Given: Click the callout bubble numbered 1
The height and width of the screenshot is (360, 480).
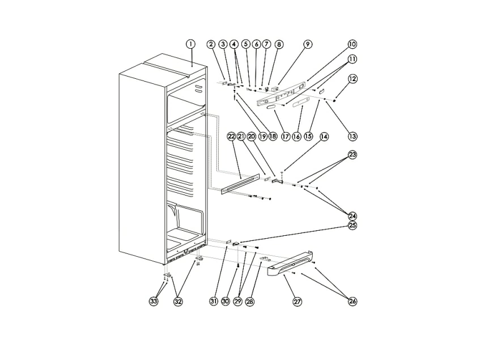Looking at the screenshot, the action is click(x=190, y=44).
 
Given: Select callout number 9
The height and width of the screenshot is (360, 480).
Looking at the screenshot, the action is click(x=307, y=44).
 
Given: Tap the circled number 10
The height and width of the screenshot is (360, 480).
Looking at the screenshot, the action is click(x=352, y=44).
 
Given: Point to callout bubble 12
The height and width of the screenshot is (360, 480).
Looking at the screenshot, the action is click(x=352, y=79).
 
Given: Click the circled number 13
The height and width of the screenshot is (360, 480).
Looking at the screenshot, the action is click(x=352, y=136).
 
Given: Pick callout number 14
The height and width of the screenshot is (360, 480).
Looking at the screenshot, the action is click(x=324, y=137).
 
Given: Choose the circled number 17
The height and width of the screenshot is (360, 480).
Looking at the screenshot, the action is click(x=285, y=137).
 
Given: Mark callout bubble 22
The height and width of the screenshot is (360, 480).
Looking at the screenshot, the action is click(x=231, y=137).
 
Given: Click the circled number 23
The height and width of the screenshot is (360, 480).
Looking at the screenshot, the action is click(x=352, y=155).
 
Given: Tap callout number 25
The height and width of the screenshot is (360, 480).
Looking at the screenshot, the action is click(x=352, y=226).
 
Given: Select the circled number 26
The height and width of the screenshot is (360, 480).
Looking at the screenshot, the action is click(x=352, y=302).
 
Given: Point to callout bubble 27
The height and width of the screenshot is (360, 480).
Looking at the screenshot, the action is click(x=298, y=302).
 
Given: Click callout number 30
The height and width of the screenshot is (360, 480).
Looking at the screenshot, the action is click(x=226, y=302).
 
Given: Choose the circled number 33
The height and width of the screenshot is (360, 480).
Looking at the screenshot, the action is click(x=154, y=302).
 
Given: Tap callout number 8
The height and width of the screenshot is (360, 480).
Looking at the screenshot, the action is click(x=279, y=44).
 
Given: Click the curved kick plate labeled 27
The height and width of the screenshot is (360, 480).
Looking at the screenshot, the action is click(x=290, y=262).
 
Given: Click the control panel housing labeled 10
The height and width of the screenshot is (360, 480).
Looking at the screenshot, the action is click(x=281, y=94).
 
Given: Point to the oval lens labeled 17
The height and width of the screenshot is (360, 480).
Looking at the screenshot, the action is click(x=271, y=107).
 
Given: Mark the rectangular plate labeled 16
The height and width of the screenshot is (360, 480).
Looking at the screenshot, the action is click(x=299, y=104).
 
